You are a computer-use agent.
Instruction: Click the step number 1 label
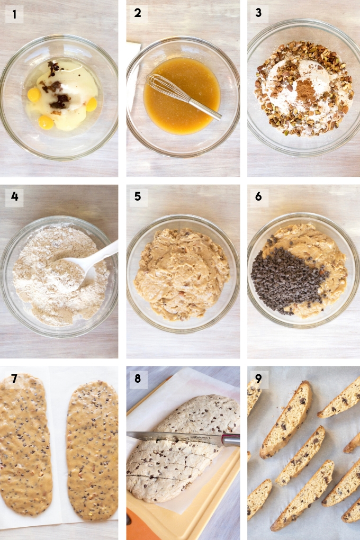point(14,14)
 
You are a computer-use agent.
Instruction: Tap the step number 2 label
point(138,13)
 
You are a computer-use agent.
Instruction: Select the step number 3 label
point(258,13)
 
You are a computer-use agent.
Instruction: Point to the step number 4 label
point(14,196)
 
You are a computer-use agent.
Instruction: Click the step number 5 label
point(138,196)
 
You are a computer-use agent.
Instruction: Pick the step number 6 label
point(258,196)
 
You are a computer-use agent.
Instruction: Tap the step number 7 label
point(14,379)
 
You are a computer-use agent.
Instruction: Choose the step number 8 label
point(138,379)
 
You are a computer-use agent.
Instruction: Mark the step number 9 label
point(258,379)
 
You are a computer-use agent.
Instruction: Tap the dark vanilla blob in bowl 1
point(57,89)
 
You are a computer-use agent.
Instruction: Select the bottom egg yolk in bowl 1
point(46,121)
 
